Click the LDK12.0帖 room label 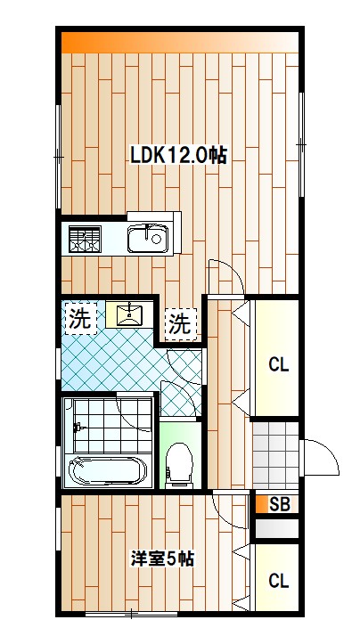177,155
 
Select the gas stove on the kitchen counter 85,239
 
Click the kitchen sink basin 146,239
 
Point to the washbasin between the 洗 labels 130,314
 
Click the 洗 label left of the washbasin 80,320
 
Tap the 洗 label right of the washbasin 180,323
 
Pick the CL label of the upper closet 278,364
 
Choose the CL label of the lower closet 278,582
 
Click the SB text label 279,504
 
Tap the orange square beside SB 261,504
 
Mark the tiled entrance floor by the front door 274,453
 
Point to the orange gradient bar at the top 178,42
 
